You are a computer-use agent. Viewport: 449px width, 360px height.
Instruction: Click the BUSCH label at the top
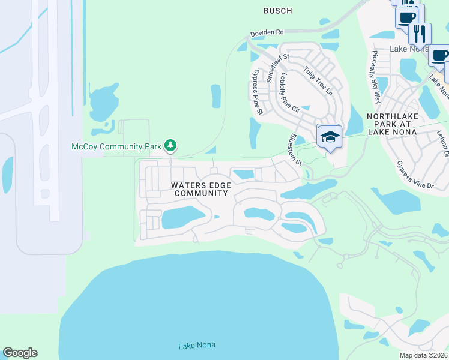[x=277, y=11]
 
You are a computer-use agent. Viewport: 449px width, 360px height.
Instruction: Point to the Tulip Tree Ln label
[x=318, y=80]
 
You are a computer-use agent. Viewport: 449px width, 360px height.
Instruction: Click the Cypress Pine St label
[x=258, y=92]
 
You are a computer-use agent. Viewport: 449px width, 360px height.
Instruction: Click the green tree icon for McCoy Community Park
[x=171, y=145]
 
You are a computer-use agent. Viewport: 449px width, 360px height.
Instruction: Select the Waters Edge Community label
[x=201, y=189]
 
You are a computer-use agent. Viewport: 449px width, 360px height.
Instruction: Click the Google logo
[x=20, y=353]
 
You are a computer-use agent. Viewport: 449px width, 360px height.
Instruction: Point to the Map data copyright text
[x=424, y=355]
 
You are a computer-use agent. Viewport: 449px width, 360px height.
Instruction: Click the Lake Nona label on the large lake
[x=197, y=345]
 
